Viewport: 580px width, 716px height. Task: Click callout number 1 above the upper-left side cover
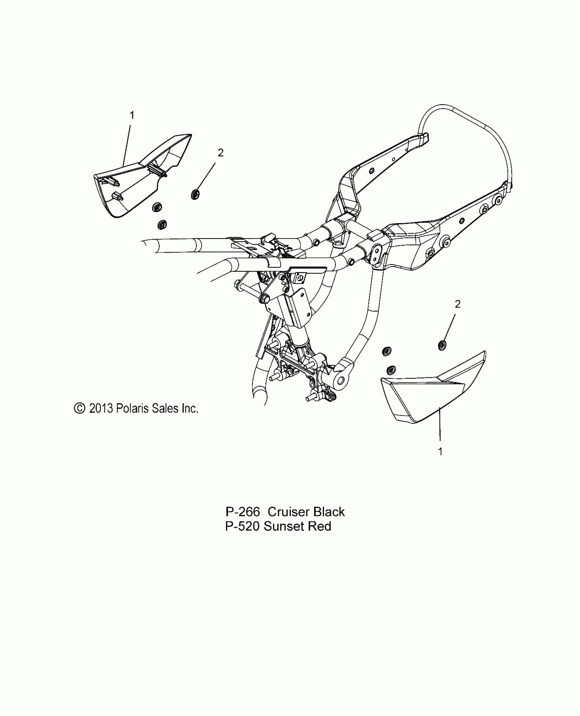132,116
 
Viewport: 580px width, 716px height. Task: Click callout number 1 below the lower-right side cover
440,451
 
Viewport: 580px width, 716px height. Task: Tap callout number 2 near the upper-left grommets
221,153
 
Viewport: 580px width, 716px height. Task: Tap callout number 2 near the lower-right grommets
458,304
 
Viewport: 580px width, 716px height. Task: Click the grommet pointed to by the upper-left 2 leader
195,194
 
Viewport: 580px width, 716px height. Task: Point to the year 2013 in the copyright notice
101,408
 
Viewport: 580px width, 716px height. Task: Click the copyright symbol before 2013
80,408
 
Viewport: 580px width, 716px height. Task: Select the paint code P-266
243,521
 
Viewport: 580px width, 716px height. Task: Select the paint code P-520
243,536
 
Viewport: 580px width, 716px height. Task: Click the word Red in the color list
320,536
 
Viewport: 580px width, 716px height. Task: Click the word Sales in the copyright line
166,408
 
